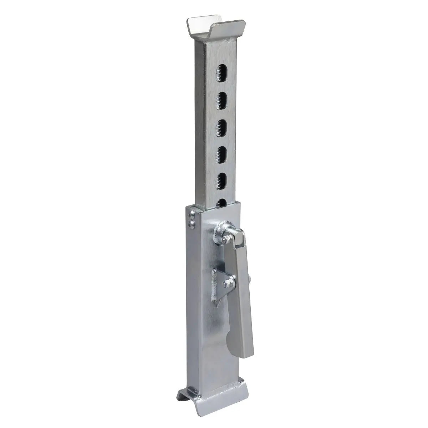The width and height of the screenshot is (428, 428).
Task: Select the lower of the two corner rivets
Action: coord(192,224)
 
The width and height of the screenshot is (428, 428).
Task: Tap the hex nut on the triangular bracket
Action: coord(226,284)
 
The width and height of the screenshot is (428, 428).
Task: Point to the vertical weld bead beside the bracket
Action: coord(214,285)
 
